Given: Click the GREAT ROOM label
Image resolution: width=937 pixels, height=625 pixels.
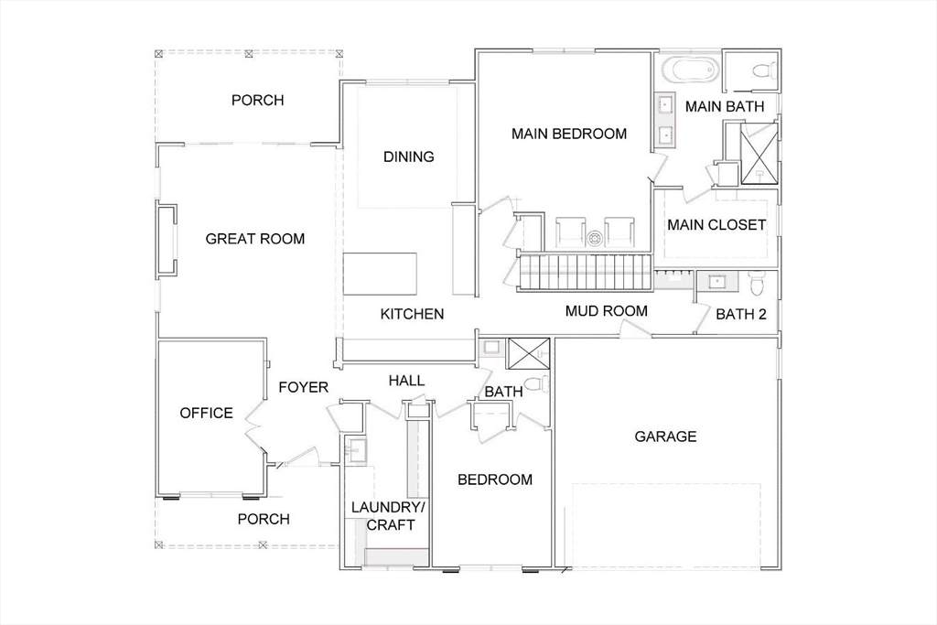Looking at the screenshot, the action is pos(255,239).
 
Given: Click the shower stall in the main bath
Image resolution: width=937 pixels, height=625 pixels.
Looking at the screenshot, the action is pos(759,153).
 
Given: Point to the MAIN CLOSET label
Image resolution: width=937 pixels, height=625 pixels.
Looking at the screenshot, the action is pos(716,225).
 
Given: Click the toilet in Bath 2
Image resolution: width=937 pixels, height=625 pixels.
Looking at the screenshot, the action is pos(757,283).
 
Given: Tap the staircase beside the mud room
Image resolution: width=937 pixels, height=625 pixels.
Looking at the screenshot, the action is pos(584,272).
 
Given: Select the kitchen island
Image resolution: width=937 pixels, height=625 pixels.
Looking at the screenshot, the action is pos(380,274).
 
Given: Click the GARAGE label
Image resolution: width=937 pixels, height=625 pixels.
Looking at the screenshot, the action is pos(665,436).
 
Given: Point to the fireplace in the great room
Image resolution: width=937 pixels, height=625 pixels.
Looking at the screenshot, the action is pos(167,240).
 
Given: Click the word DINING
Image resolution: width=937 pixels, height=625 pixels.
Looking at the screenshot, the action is pos(409,157).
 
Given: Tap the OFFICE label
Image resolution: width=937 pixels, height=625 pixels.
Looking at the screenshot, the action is pos(206,413).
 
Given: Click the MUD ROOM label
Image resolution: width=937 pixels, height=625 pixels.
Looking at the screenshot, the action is pos(607,311).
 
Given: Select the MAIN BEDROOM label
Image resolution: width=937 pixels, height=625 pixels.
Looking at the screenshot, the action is pos(569,134).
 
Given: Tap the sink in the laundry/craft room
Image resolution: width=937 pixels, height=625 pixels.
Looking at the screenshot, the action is pos(358,450).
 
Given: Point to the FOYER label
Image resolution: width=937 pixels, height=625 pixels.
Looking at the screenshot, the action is pos(304,388).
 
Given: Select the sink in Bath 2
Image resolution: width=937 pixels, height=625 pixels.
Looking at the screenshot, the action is pos(716,281).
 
